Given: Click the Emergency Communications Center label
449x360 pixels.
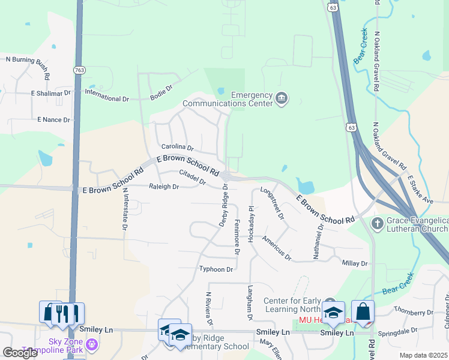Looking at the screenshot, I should [252, 98].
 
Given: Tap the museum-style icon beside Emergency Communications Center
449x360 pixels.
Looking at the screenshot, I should [282, 98].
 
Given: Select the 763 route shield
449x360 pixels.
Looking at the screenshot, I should [79, 70].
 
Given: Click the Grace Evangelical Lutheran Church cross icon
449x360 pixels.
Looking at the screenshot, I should [378, 224].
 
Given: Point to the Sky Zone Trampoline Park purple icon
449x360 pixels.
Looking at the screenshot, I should [91, 344].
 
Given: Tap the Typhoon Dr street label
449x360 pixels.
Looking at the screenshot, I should [216, 269].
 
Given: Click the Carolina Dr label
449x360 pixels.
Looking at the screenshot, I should [178, 147].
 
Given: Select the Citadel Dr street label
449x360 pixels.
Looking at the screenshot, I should [193, 178].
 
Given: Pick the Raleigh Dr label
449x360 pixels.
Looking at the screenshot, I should [164, 187].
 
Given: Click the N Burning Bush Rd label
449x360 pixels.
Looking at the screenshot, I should [28, 59].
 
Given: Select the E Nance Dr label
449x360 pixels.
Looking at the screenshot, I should [53, 120].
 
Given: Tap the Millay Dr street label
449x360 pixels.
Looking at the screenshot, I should [354, 263].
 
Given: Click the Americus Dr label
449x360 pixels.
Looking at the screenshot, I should [276, 248].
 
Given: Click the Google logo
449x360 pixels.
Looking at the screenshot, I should [20, 353].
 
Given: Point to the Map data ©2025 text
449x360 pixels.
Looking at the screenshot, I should [423, 355].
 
